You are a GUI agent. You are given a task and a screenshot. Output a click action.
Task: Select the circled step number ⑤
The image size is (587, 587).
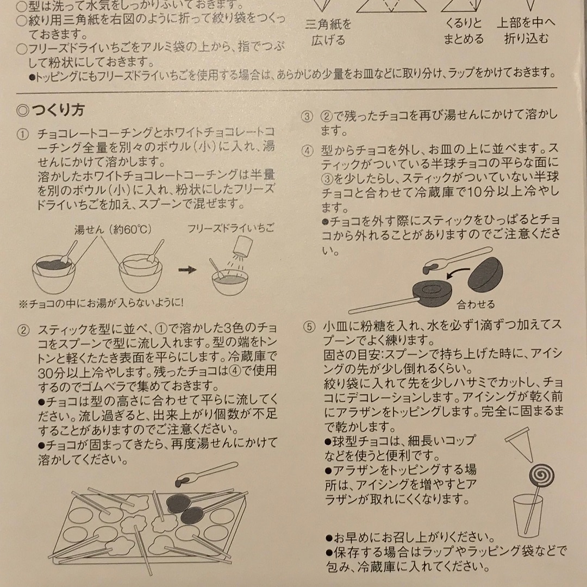[x=308, y=327]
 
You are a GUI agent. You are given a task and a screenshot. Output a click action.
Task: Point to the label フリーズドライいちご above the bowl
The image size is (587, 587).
[x=231, y=228]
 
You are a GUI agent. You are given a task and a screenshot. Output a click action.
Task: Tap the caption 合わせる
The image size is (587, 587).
[x=476, y=304]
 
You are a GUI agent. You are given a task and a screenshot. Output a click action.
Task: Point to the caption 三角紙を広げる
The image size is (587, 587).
[x=329, y=32]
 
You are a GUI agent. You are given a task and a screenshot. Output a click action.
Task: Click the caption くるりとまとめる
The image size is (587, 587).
[x=463, y=32]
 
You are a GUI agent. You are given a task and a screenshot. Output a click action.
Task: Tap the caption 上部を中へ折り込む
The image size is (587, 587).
[x=526, y=32]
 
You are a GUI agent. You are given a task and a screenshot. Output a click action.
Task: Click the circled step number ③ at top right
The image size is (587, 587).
[x=308, y=116]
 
